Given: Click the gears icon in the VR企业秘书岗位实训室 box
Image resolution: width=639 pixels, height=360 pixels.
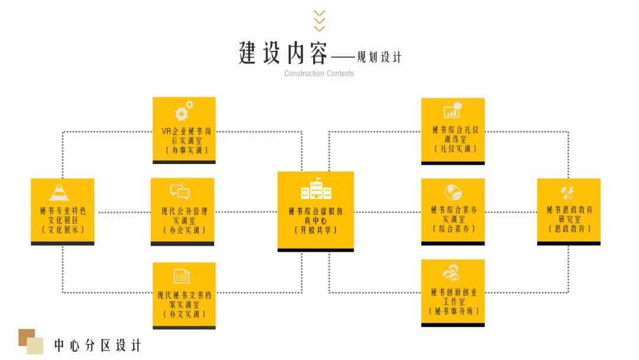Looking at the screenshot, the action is [184, 111].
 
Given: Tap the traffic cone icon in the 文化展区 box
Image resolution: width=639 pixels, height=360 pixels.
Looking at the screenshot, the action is [59, 192].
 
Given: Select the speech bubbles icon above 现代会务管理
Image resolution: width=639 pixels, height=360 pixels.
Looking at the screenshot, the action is [180, 191].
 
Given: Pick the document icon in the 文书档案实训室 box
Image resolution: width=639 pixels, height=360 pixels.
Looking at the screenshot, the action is [182, 277].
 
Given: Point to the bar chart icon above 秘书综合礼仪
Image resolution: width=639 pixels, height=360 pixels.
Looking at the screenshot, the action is [453, 110].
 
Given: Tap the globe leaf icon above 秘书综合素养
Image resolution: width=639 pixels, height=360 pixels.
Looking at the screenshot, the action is [453, 192].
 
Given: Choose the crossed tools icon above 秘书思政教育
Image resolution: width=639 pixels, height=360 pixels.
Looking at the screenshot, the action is [567, 192].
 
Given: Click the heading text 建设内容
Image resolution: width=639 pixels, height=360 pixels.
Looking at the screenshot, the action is [283, 53].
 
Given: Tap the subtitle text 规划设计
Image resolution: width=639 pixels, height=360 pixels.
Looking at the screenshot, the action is [379, 57].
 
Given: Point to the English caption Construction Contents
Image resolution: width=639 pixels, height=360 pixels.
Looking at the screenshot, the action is [319, 73].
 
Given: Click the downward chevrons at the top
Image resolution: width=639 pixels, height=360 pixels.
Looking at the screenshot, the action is [319, 21].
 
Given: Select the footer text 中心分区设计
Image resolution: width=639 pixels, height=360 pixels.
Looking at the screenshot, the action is [98, 346].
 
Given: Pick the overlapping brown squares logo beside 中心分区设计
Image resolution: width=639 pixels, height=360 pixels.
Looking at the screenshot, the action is [31, 342].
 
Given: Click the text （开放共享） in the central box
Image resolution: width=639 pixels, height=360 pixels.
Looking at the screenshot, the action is [316, 230].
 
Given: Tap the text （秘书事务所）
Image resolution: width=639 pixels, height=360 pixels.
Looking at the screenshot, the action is [454, 311].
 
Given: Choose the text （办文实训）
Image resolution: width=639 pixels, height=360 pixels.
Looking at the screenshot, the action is [184, 314].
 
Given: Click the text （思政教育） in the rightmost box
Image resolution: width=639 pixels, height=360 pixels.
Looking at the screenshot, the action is [569, 229].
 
